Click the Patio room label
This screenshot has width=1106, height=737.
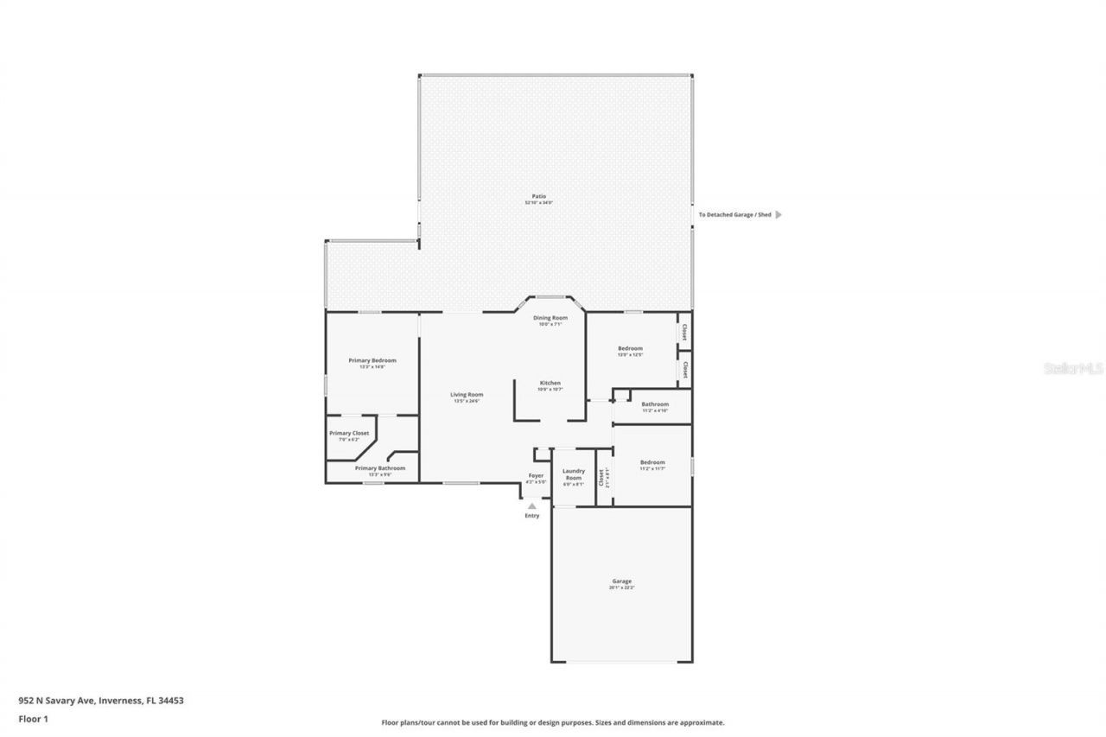pos(538,197)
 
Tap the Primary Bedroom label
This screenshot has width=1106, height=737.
pos(372,360)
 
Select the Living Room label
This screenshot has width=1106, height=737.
pos(467,395)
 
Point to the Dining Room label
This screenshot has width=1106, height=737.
pos(550,318)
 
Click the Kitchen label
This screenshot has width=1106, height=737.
pos(550,383)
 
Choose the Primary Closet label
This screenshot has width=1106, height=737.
pos(349,433)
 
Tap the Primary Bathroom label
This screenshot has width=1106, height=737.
pos(380,468)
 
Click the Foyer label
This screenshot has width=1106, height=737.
pos(537,475)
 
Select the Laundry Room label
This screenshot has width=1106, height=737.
pos(574,474)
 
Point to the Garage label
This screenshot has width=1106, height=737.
pos(622,581)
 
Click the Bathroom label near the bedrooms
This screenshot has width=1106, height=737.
pos(655,404)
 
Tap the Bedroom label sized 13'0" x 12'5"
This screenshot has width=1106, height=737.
pos(630,348)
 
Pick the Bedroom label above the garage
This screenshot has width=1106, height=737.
pos(652,462)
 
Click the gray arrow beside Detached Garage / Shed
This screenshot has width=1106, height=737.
pos(779,214)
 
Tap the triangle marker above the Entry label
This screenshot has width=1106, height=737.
pos(532,506)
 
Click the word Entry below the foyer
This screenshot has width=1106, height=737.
pos(532,516)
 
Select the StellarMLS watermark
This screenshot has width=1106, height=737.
pos(1074,368)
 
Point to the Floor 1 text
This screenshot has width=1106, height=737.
pos(33,718)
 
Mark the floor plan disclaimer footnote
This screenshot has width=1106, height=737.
pos(553,722)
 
